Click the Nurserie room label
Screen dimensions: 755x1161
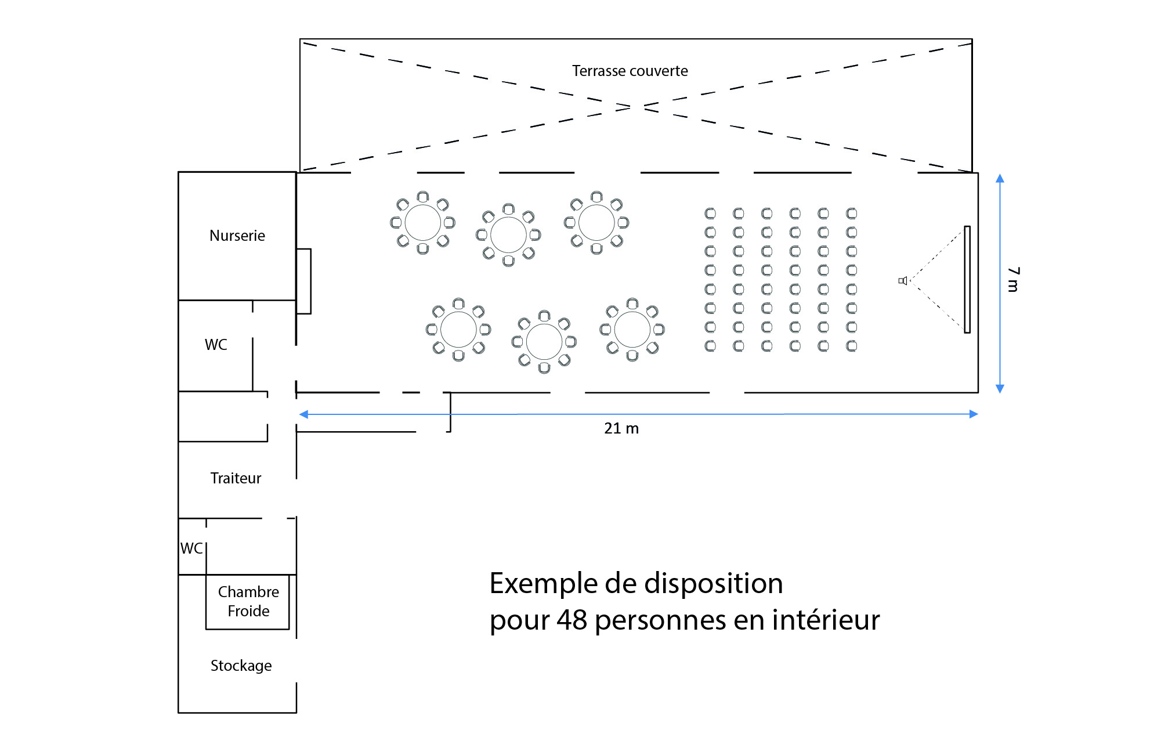point(237,236)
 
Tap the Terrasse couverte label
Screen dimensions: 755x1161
point(630,71)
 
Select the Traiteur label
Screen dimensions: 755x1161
point(236,478)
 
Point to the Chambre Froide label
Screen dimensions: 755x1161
point(248,601)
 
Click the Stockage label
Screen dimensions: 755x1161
point(241,666)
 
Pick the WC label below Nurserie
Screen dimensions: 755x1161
point(216,345)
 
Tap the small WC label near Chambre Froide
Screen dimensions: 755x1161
point(191,548)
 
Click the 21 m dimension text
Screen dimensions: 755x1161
point(621,428)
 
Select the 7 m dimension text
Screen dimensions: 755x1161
point(1013,280)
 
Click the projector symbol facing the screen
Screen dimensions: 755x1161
point(902,281)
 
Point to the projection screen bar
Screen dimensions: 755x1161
point(967,279)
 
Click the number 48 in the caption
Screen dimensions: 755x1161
point(572,620)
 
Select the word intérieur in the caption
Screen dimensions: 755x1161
point(826,620)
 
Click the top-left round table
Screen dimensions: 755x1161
point(422,222)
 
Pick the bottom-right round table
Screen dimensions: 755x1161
point(632,330)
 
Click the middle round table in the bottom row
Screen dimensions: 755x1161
point(544,342)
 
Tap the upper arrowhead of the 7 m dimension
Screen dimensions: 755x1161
point(1000,179)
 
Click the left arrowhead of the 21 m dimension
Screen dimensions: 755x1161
point(303,414)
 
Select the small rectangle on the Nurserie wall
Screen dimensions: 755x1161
point(303,281)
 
